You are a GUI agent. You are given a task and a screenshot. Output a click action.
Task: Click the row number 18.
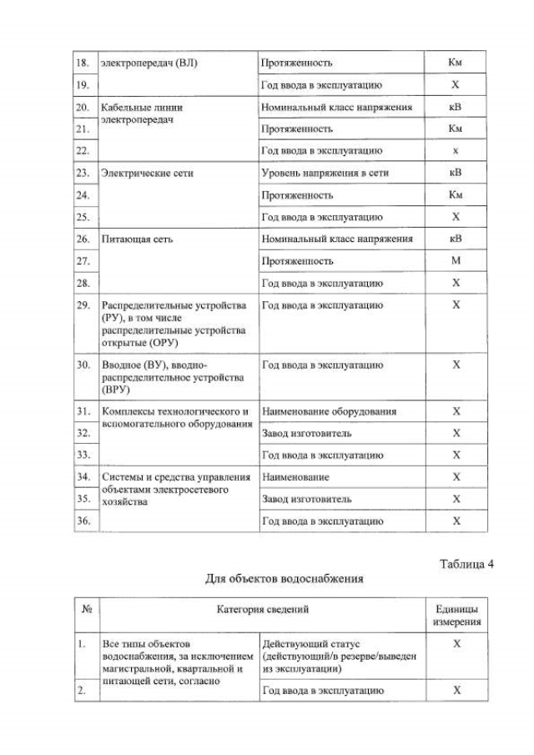click(x=83, y=63)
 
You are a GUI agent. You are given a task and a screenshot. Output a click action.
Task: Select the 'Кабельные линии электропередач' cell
click(x=142, y=114)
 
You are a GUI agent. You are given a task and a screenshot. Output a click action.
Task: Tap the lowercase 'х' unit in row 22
click(x=456, y=151)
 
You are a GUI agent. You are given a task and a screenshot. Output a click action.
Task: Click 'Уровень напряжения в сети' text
click(x=325, y=174)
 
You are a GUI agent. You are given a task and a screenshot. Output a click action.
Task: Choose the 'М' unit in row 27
click(x=456, y=260)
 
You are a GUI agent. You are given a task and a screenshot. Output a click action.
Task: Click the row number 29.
click(x=83, y=305)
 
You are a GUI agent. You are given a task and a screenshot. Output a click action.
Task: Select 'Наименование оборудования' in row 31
click(x=329, y=411)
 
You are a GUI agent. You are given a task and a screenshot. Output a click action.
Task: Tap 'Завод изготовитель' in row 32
click(x=306, y=433)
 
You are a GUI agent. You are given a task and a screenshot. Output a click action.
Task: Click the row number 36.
click(x=83, y=521)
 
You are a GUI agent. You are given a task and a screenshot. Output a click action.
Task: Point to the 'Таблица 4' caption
click(x=466, y=564)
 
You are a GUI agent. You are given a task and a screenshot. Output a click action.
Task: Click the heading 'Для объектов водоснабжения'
click(x=285, y=578)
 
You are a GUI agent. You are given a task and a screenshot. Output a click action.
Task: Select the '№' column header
click(x=86, y=610)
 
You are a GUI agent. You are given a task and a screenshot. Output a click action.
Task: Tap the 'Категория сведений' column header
click(x=263, y=610)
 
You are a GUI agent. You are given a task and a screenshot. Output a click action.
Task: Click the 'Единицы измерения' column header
click(x=456, y=616)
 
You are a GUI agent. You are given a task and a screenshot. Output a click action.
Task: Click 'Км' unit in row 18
click(x=456, y=63)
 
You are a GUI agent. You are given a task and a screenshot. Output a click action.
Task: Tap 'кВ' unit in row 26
click(x=456, y=239)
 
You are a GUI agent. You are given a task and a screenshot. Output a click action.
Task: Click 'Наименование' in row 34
click(x=295, y=477)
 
